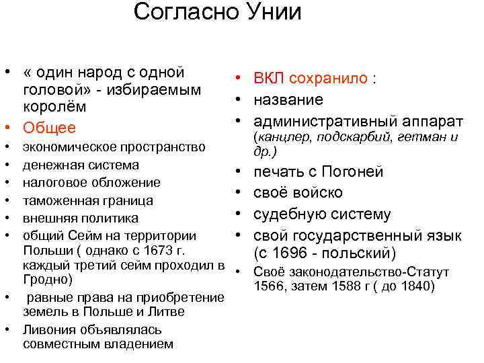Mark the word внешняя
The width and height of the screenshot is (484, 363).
click(47, 218)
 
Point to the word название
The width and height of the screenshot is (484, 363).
click(288, 99)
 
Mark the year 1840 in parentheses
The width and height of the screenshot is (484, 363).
click(417, 287)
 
